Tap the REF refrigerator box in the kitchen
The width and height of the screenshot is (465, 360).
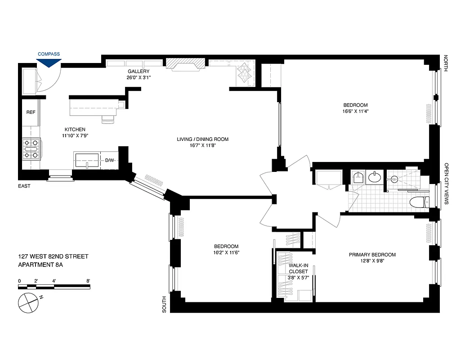(31, 112)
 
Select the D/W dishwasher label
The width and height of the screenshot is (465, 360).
(110, 160)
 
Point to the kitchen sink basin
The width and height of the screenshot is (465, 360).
(86, 160)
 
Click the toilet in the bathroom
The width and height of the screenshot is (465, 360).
(418, 203)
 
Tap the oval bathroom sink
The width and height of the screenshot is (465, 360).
(374, 178)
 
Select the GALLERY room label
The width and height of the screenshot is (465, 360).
(139, 72)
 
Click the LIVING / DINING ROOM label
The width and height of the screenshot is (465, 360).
(202, 139)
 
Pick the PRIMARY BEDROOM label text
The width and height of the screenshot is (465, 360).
(372, 255)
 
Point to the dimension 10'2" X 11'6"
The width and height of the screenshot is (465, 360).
(226, 252)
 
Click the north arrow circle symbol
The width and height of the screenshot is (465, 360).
(28, 302)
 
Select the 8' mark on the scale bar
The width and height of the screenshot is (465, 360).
(88, 281)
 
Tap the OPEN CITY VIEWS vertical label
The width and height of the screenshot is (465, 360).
(447, 184)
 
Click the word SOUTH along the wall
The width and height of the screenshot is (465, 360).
(165, 304)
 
